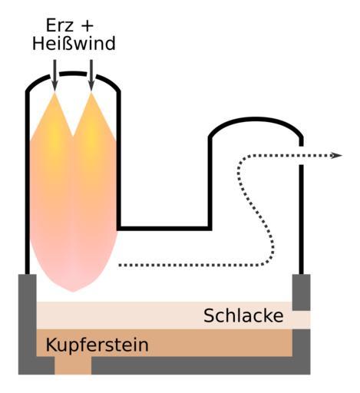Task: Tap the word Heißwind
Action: (x=74, y=43)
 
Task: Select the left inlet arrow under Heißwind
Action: (x=54, y=75)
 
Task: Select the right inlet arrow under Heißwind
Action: (x=91, y=75)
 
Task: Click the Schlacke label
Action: (x=243, y=315)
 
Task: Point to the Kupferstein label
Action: (x=97, y=345)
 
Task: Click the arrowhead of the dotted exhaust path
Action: (x=336, y=155)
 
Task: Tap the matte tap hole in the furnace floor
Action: (x=73, y=365)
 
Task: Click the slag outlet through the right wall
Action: (x=302, y=320)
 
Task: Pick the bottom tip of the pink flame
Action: (x=73, y=292)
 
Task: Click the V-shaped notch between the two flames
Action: (x=73, y=136)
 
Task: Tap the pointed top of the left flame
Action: (x=54, y=93)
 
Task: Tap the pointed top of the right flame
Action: (x=91, y=93)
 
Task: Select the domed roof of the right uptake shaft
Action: (x=256, y=120)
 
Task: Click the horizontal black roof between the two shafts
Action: (x=164, y=228)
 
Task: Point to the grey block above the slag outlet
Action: (x=302, y=292)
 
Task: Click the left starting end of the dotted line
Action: (x=120, y=265)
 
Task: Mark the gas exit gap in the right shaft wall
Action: (x=302, y=156)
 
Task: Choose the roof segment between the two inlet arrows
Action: (x=73, y=74)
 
